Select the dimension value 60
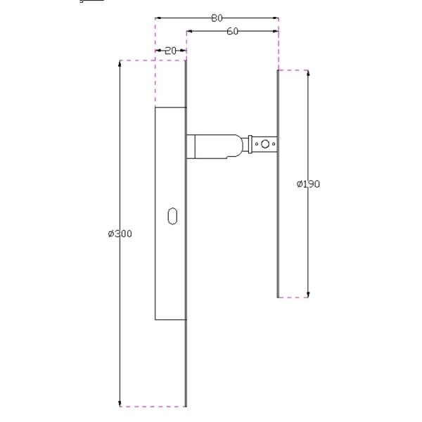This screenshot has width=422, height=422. [232, 31]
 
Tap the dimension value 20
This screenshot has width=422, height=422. [170, 51]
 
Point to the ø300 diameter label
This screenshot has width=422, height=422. [120, 234]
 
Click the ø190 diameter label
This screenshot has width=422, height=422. [308, 184]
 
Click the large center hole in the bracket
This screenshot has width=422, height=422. [264, 144]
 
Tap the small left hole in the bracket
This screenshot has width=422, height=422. [257, 144]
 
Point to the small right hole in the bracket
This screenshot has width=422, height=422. [273, 144]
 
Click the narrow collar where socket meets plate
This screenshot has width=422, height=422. [190, 146]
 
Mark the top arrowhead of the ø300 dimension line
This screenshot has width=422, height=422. [120, 64]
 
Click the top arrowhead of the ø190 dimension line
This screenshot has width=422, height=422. [308, 74]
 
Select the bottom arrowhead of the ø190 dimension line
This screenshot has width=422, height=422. [308, 293]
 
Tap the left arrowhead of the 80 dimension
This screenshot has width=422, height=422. [158, 18]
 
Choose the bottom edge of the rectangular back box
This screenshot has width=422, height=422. [170, 320]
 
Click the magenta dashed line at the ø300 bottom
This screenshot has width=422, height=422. [151, 407]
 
